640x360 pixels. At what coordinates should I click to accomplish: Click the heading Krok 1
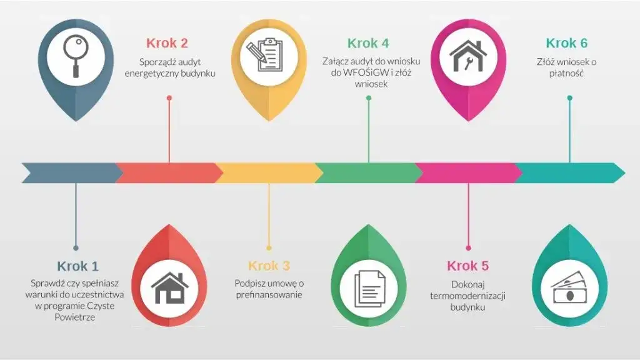77,266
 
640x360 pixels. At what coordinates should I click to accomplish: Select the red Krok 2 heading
167,43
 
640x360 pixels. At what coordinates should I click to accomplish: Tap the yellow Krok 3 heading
269,266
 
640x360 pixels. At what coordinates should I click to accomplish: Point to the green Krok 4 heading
368,43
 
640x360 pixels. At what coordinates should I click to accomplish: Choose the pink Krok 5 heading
467,266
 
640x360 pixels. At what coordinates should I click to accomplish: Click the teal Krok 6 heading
566,43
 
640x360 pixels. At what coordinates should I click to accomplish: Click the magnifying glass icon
76,56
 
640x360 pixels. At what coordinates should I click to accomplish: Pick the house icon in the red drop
169,288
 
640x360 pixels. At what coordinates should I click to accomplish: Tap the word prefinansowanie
269,295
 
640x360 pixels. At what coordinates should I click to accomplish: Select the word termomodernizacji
467,296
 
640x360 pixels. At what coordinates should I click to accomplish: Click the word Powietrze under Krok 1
75,317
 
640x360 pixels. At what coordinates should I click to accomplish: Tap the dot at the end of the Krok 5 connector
468,247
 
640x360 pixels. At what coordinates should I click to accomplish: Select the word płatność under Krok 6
566,74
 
